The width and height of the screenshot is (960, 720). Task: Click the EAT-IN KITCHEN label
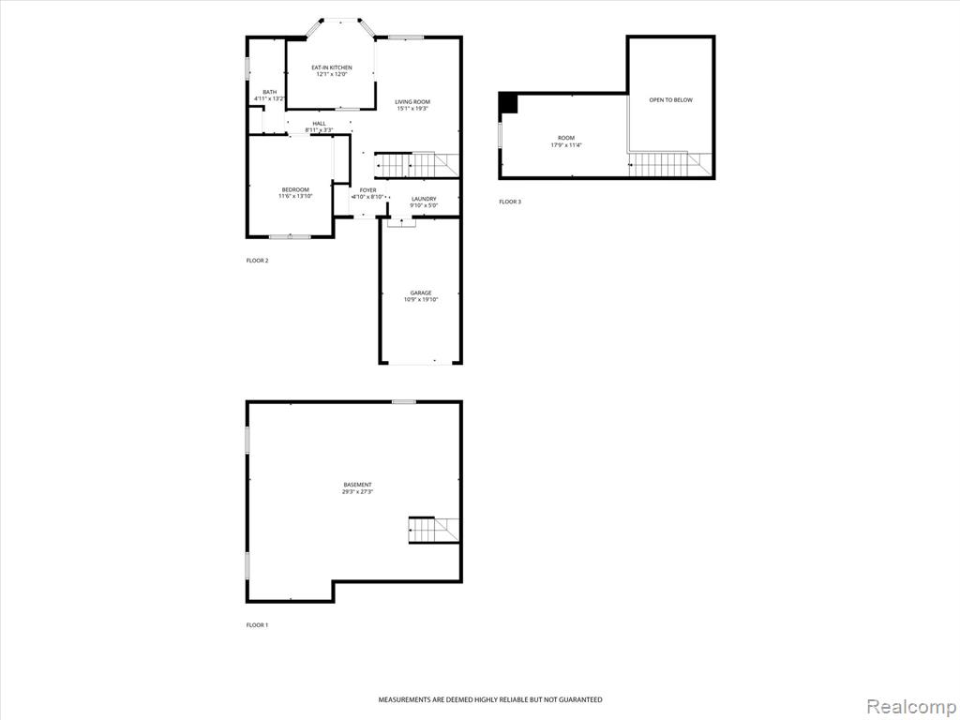click(332, 67)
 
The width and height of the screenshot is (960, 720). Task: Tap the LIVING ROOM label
click(412, 101)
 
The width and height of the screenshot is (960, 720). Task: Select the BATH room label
click(269, 92)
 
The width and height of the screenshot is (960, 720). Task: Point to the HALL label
click(319, 124)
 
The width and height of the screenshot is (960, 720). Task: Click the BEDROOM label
click(295, 189)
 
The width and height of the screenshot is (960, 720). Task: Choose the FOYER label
click(367, 190)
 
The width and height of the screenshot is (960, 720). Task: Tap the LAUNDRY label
click(424, 199)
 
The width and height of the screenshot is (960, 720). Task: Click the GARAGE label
click(421, 293)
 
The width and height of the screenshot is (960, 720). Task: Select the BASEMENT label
click(357, 485)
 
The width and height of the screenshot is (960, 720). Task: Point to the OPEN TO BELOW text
click(671, 99)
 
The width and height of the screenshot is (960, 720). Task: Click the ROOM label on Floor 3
click(566, 139)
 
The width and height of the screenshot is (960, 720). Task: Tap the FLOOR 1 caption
click(257, 625)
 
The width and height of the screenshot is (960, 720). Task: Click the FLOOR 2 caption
click(257, 261)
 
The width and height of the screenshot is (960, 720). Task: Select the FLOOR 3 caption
click(510, 202)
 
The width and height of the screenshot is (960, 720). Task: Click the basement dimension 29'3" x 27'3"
click(357, 491)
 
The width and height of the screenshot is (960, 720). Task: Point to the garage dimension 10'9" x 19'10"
click(421, 300)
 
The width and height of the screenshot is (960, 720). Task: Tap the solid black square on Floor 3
click(509, 103)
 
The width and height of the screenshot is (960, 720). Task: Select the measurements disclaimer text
click(489, 699)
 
